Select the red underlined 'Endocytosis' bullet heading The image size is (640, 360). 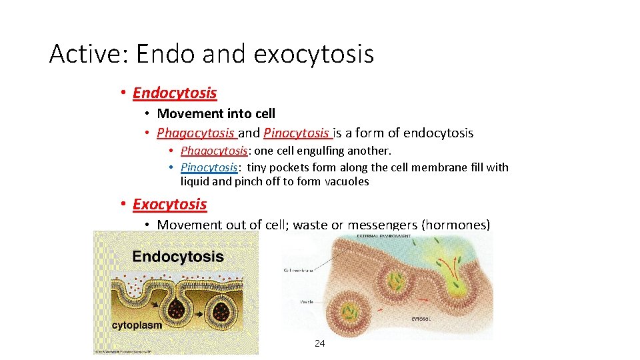(x=175, y=93)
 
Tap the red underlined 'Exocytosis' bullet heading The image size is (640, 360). (x=169, y=204)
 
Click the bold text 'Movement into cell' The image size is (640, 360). (x=216, y=113)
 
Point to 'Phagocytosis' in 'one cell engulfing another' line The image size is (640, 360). (x=214, y=151)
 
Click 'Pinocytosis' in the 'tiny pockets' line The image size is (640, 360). (x=209, y=167)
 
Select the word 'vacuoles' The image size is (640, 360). (x=347, y=181)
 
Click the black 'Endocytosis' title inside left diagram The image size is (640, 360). (x=178, y=256)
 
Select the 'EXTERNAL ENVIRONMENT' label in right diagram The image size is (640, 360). (x=382, y=235)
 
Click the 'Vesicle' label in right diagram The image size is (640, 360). (x=306, y=301)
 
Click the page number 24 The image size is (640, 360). (x=319, y=343)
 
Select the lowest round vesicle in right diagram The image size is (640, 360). (x=351, y=313)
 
